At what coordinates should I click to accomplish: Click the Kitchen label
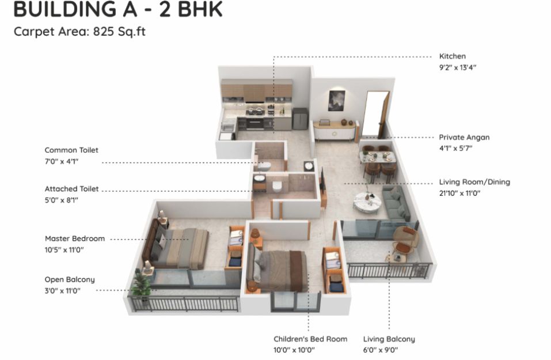tap(452, 56)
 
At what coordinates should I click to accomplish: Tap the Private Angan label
tap(464, 138)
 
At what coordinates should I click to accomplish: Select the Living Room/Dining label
tap(474, 182)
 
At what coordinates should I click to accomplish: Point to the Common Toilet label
tap(71, 150)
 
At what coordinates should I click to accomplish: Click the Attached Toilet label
tap(72, 189)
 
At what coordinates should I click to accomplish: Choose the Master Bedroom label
tap(75, 238)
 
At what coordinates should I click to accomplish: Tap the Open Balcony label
tap(70, 280)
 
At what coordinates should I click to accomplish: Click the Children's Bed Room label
tap(310, 339)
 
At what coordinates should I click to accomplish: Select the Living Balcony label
tap(389, 339)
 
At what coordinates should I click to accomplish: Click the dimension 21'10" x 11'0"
tap(459, 193)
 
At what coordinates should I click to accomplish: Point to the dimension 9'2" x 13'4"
tap(458, 67)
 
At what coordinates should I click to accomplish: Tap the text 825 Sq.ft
tap(119, 32)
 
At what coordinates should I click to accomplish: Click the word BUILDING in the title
tap(64, 9)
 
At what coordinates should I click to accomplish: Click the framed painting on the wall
tap(337, 101)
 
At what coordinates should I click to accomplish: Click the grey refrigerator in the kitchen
tap(300, 119)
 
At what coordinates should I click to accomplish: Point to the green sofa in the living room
tap(396, 204)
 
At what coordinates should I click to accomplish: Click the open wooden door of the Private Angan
tap(383, 114)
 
